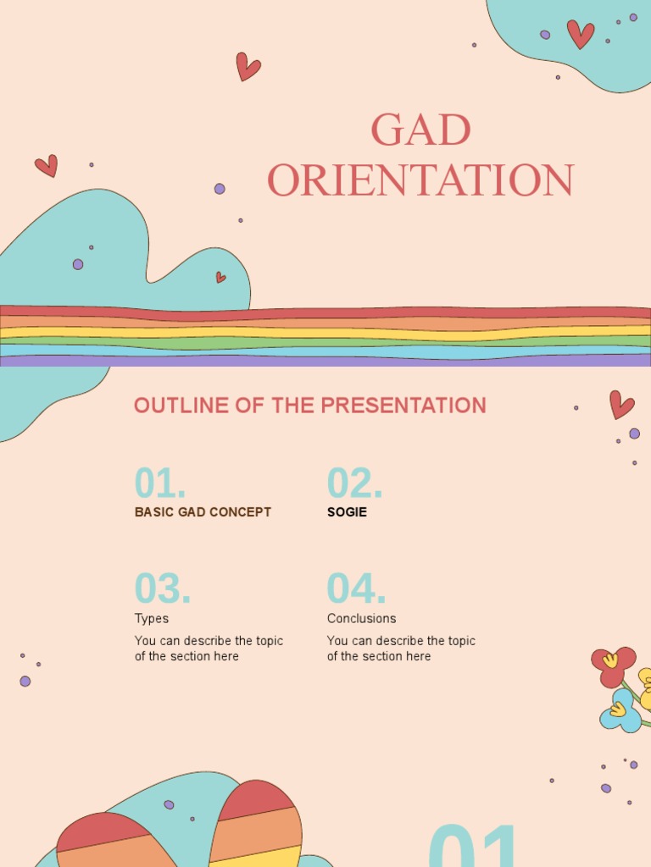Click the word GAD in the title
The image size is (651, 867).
coord(420,130)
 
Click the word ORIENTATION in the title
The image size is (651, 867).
coord(420,180)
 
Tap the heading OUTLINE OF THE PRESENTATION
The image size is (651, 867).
coord(309,406)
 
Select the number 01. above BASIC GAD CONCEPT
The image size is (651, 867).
coord(160,483)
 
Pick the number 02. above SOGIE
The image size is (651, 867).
coord(354,483)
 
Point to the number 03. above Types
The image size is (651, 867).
coord(162,589)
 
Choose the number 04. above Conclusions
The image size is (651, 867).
coord(356,589)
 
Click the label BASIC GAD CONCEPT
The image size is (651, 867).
coord(203,512)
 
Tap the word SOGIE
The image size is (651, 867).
coord(347,512)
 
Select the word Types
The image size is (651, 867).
coord(152,619)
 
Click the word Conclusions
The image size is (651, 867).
coord(361,619)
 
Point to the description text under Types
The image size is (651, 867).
coord(209,649)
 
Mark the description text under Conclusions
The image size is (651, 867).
coord(401,649)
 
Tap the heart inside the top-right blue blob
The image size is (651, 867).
coord(581,34)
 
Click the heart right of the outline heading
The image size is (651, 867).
coord(621,405)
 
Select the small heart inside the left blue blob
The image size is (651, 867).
coord(220,277)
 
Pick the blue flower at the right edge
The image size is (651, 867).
coord(620,711)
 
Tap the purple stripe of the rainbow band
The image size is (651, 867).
coord(325,360)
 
